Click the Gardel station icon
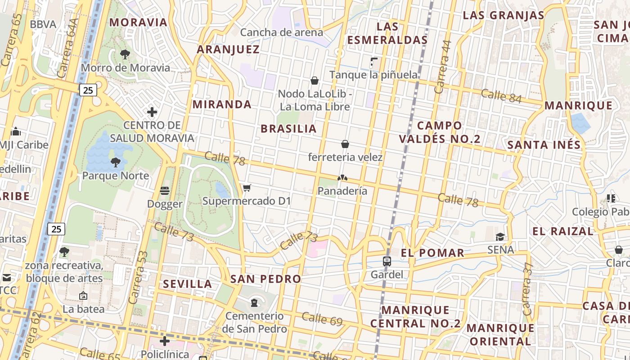tap(387, 261)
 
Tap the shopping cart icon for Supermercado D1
tap(247, 188)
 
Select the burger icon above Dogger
tap(165, 191)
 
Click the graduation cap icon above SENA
tap(500, 237)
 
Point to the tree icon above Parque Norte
tap(115, 162)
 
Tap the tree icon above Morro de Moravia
tap(125, 54)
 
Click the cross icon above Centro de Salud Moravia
tap(152, 112)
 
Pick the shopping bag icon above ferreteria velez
tap(345, 144)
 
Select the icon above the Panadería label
tap(342, 178)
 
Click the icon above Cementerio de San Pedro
tap(254, 302)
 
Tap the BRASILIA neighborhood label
tap(288, 129)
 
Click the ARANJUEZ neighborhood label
tap(228, 49)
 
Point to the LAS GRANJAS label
tap(504, 15)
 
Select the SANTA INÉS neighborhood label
tap(544, 145)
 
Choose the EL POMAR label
tap(432, 253)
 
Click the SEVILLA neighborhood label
tap(187, 284)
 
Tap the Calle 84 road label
tap(501, 96)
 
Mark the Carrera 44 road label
tap(443, 61)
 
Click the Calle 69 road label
tap(322, 319)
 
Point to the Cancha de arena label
tap(281, 32)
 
